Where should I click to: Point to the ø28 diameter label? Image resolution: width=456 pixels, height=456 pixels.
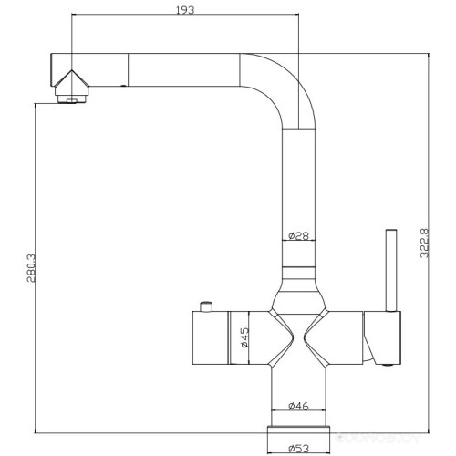298,235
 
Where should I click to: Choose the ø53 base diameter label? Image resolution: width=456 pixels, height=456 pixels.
298,448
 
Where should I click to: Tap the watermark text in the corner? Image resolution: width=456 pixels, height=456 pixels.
422,448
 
